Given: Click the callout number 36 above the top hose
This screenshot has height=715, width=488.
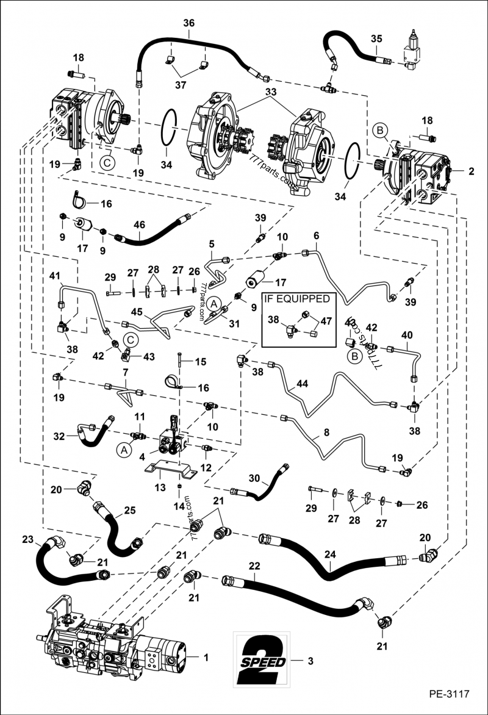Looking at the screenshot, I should pos(188,23).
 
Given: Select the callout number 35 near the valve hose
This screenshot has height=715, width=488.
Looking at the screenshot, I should pos(376,38).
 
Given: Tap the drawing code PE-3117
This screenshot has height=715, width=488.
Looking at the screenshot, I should pos(449,694).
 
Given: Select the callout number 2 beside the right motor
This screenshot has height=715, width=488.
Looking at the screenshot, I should pos(471,172).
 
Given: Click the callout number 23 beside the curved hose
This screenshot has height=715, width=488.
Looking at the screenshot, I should pos(27,539).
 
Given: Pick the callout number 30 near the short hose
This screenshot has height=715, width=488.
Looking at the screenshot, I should pos(254,478).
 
